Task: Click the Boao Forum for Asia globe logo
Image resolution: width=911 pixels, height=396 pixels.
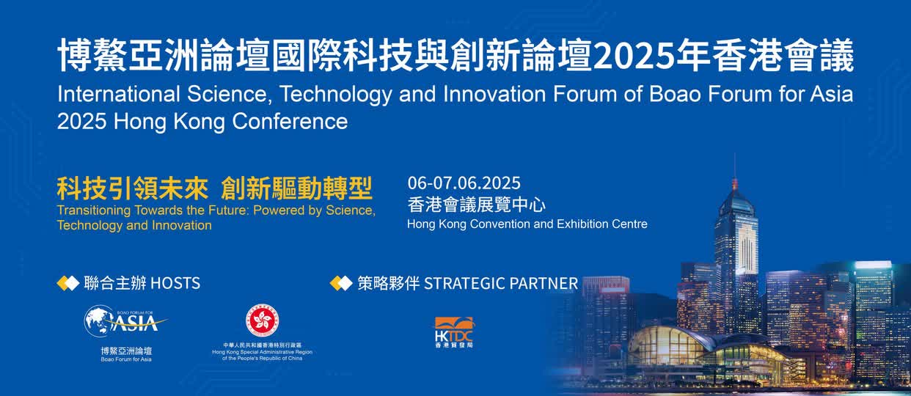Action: pyautogui.click(x=125, y=321)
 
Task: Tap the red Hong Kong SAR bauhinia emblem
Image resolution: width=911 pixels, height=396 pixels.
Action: pyautogui.click(x=263, y=320)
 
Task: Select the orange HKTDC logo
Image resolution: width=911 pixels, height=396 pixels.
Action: pyautogui.click(x=454, y=332)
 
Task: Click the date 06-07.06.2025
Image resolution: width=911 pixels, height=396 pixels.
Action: pyautogui.click(x=464, y=183)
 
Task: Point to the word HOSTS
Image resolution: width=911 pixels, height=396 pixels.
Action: pyautogui.click(x=175, y=283)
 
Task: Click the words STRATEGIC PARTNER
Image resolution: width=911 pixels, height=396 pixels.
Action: pyautogui.click(x=501, y=283)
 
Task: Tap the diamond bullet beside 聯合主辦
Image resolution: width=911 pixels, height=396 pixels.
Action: pyautogui.click(x=68, y=283)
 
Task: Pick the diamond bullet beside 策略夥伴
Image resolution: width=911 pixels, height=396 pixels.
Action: pyautogui.click(x=341, y=283)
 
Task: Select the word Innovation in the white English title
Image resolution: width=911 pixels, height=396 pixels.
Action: pyautogui.click(x=494, y=94)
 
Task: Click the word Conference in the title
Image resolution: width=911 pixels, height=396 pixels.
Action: pyautogui.click(x=290, y=121)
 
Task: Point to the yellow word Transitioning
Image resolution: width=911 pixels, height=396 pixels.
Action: pyautogui.click(x=94, y=210)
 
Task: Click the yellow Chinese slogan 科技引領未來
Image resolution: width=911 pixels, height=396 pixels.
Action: pyautogui.click(x=133, y=188)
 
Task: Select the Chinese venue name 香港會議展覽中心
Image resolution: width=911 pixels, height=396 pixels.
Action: pyautogui.click(x=476, y=205)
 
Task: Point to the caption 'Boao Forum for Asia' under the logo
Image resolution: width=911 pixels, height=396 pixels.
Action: pyautogui.click(x=126, y=359)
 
